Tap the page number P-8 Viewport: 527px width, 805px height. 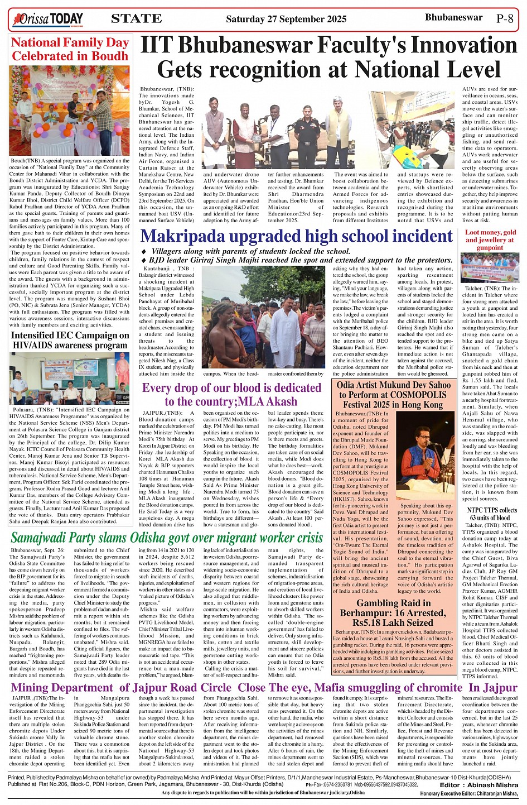coord(504,18)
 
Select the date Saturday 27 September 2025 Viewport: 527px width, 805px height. coord(286,19)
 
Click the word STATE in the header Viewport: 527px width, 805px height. coord(137,19)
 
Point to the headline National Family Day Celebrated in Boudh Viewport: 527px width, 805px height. coord(70,49)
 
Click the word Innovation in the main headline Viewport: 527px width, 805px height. coord(458,46)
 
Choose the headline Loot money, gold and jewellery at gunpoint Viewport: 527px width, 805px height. coord(490,239)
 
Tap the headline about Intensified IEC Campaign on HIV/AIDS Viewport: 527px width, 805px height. coord(70,340)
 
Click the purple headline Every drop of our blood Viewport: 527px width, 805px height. coord(231,394)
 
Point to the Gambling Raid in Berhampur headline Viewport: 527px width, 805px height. coord(394,612)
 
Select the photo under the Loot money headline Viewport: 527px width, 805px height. coord(490,267)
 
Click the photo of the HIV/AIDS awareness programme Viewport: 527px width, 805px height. coord(70,378)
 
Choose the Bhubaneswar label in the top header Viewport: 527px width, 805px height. coord(453,17)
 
